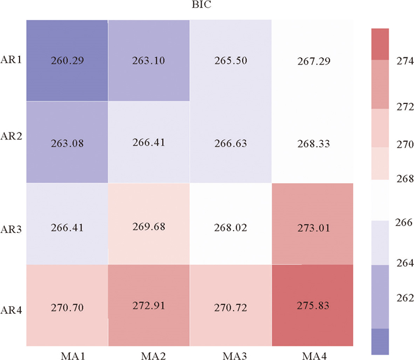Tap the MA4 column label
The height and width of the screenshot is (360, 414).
tap(313, 353)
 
